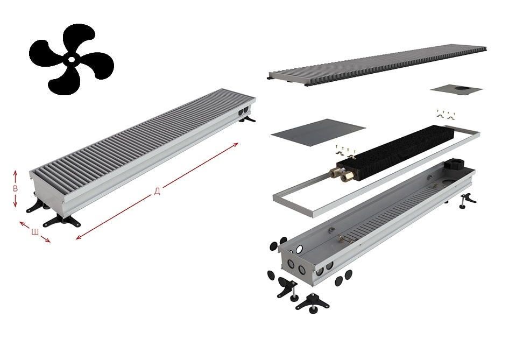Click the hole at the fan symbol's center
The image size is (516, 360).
[x=72, y=60]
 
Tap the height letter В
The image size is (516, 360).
[x=15, y=188]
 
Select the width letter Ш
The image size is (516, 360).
[x=35, y=232]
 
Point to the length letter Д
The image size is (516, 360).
[x=157, y=191]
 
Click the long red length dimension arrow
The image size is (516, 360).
[x=157, y=191]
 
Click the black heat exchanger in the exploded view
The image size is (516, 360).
[x=395, y=152]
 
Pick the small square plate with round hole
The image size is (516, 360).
[x=456, y=89]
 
